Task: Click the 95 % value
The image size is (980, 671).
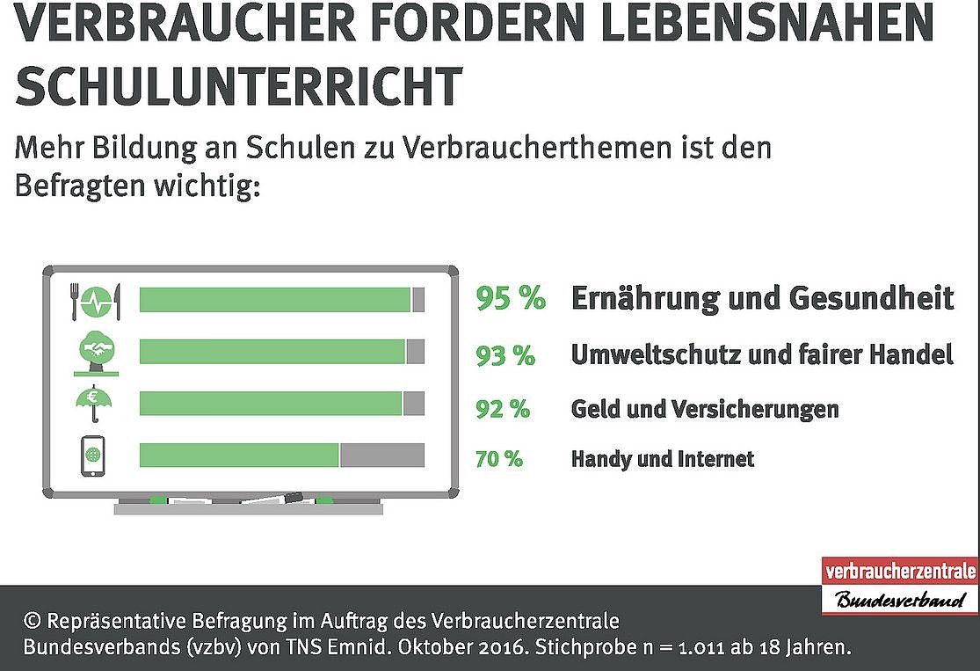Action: tap(511, 298)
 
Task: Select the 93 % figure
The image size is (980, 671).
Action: tap(505, 355)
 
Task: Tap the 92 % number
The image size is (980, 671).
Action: tap(503, 408)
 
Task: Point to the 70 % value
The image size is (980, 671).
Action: tap(499, 458)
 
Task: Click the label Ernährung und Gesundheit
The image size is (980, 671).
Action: tap(762, 298)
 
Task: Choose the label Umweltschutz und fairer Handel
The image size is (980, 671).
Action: tap(762, 355)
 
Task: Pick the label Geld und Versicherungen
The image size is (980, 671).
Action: tap(705, 408)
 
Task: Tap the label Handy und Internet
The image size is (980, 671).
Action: tap(663, 458)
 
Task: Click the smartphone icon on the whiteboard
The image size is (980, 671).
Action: tap(92, 456)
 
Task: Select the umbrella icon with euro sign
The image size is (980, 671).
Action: tap(93, 404)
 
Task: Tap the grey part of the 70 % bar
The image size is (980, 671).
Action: tap(381, 456)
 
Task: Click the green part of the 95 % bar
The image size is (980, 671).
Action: tap(275, 300)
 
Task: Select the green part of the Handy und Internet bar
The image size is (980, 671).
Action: tap(239, 456)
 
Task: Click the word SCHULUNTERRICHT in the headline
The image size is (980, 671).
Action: tap(238, 85)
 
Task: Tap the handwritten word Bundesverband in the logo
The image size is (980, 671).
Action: tap(899, 601)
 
